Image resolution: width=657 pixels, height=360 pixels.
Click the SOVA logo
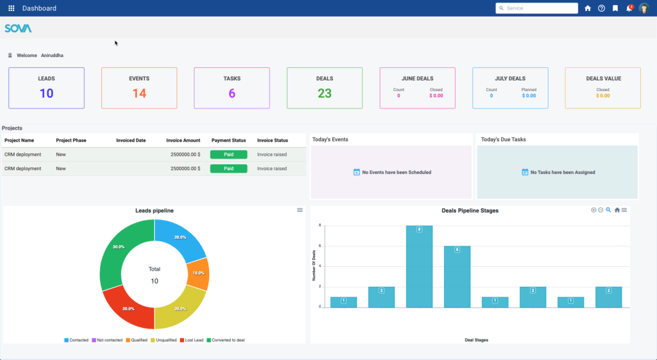click(18, 28)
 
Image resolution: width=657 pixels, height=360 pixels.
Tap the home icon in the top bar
click(588, 8)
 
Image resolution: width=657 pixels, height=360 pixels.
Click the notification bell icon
click(629, 9)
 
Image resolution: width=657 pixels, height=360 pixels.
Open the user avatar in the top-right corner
click(644, 8)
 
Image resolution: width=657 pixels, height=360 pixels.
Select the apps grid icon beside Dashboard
click(12, 8)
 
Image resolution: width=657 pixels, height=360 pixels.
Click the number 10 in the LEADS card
click(46, 94)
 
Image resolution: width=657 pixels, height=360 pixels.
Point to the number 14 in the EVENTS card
click(139, 94)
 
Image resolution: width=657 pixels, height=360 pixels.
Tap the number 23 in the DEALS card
click(325, 94)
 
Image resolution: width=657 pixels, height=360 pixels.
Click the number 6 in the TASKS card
click(232, 94)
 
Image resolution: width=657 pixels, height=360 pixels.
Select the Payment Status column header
click(228, 141)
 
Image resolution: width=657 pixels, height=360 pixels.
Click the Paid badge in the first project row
click(228, 155)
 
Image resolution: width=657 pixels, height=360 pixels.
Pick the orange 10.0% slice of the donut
click(199, 273)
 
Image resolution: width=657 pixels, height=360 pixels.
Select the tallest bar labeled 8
click(419, 266)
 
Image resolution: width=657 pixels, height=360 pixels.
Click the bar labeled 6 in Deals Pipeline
click(457, 276)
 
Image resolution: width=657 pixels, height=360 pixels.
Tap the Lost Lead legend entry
click(192, 340)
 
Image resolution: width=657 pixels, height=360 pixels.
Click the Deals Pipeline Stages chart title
click(470, 210)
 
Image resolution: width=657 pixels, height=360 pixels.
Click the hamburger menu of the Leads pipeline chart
click(300, 210)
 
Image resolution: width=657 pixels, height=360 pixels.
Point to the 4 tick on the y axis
click(320, 266)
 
